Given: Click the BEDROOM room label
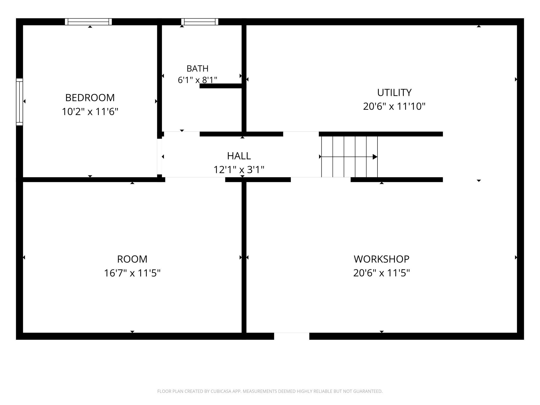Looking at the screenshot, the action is [90, 98].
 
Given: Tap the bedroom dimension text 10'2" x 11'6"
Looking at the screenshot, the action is [90, 112].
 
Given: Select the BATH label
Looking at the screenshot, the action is [198, 69].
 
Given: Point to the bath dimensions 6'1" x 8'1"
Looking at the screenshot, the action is [198, 80].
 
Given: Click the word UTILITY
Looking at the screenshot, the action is [394, 93].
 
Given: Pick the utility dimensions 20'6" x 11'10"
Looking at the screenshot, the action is [394, 106].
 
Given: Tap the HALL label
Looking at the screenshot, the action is [239, 156].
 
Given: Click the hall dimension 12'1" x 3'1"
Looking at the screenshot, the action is [239, 170].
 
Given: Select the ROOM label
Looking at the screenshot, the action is [132, 259].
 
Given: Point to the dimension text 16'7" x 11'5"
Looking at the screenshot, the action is [132, 273].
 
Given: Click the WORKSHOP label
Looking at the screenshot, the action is [382, 259].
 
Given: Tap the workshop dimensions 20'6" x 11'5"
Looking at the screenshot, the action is [382, 273].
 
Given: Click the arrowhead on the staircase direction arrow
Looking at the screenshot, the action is [375, 157].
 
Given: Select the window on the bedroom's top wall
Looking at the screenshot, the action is [88, 22].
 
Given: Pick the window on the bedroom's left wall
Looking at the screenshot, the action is [19, 102].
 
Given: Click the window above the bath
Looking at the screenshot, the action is [200, 22].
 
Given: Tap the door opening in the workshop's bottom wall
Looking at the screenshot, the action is [292, 336].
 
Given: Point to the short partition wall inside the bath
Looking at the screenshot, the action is [222, 86].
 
